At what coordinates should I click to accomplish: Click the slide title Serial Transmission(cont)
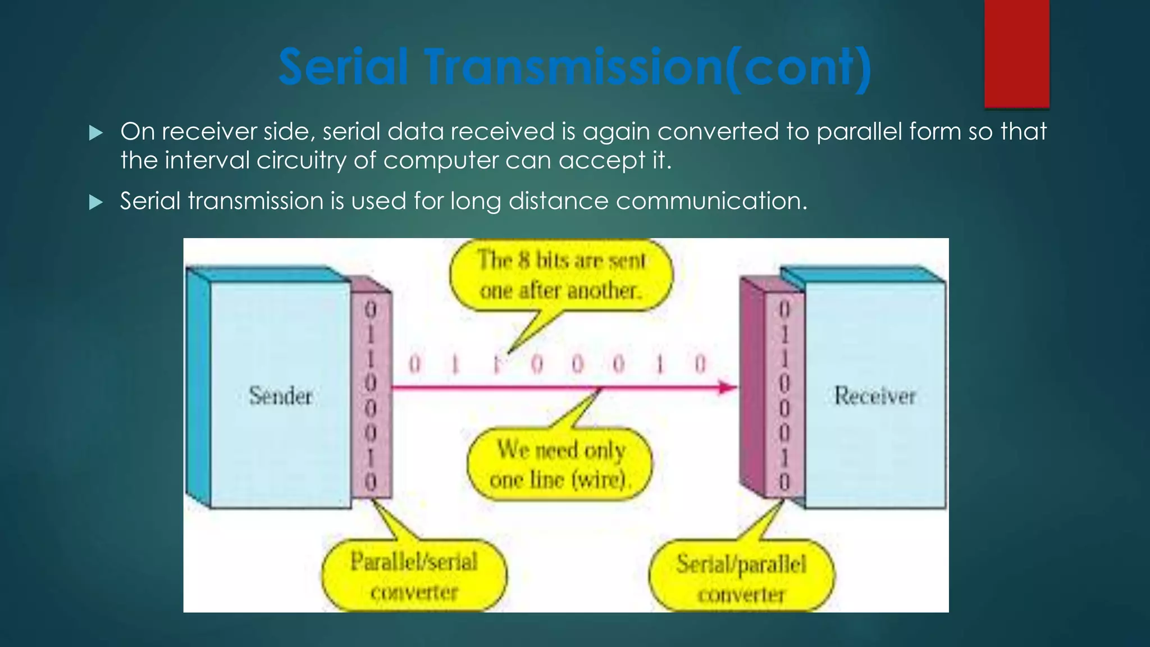[575, 67]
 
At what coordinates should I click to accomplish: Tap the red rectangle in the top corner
[1016, 53]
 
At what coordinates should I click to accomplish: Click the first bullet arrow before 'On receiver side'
[96, 133]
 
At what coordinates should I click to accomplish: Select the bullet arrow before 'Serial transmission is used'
[96, 202]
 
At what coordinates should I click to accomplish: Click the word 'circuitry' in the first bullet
[301, 161]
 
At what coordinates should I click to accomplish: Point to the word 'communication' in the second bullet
[711, 201]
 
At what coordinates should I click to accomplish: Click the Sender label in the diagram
[280, 396]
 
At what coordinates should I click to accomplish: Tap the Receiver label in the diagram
[874, 396]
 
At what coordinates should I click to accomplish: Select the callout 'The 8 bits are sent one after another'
[560, 276]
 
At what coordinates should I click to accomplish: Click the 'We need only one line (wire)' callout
[559, 465]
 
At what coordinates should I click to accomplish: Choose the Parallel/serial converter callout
[414, 576]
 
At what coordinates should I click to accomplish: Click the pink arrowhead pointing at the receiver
[728, 387]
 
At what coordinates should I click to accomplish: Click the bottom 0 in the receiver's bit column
[784, 481]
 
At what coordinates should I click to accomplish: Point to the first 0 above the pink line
[414, 364]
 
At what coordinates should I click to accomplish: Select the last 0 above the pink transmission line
[700, 364]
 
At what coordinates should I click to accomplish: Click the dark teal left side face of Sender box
[198, 388]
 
